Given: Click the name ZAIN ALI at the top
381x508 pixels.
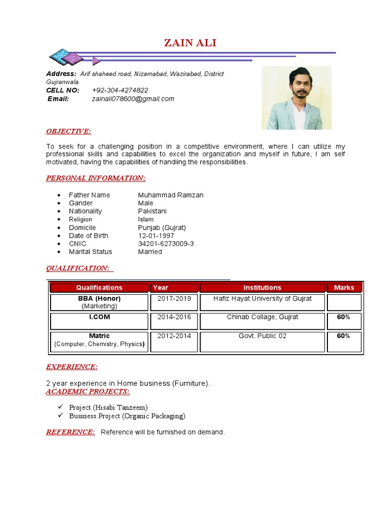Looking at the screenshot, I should [x=190, y=44].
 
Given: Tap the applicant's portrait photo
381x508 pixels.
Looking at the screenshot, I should [x=296, y=98].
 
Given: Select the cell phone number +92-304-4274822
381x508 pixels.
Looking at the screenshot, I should [x=120, y=90].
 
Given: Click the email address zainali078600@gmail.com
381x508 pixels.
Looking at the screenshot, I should [x=133, y=99].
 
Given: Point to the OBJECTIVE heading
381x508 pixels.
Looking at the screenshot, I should [x=68, y=131].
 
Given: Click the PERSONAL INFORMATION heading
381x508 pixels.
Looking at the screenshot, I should [x=96, y=178].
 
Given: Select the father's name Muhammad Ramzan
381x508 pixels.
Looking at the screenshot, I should [x=171, y=195].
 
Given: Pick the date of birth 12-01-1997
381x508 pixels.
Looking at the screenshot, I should [x=156, y=236].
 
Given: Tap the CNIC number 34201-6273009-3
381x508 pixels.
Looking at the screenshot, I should [x=166, y=244].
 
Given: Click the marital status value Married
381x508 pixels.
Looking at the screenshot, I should [x=150, y=252].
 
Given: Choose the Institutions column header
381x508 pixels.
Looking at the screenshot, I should [x=262, y=288].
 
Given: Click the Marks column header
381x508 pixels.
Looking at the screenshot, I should [x=344, y=288].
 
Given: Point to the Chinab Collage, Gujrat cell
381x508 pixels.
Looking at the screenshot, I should [x=262, y=317].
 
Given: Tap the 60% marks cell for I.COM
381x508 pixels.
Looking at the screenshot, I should [x=343, y=317].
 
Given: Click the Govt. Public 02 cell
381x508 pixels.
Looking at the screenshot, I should [x=262, y=336].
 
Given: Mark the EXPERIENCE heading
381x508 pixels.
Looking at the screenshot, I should [x=71, y=367].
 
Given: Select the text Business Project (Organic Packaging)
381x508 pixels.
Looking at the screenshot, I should [x=127, y=416].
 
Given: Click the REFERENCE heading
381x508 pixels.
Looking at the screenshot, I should [x=70, y=432].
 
